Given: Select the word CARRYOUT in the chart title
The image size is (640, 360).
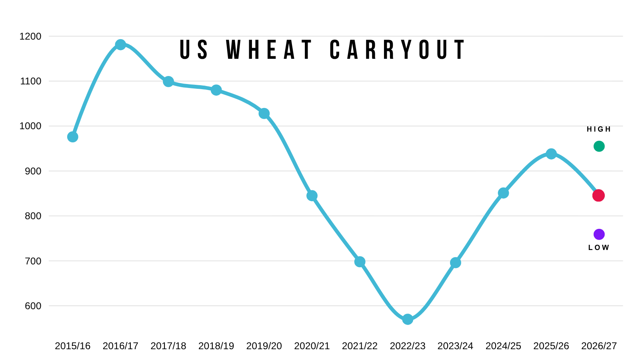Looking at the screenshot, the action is tap(398, 50).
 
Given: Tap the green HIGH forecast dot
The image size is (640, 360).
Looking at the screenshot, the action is tap(599, 146).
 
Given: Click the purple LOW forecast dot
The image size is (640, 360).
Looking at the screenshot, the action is tap(599, 234).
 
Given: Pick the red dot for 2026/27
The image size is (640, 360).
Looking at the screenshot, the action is tap(598, 196).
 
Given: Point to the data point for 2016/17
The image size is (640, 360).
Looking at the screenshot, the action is tap(120, 44).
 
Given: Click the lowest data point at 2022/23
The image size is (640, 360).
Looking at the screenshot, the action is tap(408, 319).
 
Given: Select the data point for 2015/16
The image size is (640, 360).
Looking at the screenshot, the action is tap(72, 137).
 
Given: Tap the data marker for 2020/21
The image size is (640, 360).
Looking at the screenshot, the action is tap(312, 196).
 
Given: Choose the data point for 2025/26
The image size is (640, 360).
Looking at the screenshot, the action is tap(551, 154).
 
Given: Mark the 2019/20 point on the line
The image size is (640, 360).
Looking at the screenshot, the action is tap(264, 114).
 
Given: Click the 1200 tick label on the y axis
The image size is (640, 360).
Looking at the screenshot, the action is tap(30, 36).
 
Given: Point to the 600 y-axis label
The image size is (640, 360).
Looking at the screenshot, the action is tap(33, 306).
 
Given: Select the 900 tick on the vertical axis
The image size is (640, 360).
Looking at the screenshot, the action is tap(33, 171).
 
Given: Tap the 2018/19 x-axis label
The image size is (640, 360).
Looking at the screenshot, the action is tap(216, 346).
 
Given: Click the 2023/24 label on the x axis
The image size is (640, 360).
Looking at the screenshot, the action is tap(455, 346).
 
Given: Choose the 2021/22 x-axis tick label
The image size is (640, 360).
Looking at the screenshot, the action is tap(360, 346).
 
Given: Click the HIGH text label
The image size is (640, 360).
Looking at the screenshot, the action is tap(598, 129).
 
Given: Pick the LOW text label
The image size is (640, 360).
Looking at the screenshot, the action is tap(598, 248).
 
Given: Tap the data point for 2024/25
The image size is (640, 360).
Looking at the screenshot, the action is tap(503, 193).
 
